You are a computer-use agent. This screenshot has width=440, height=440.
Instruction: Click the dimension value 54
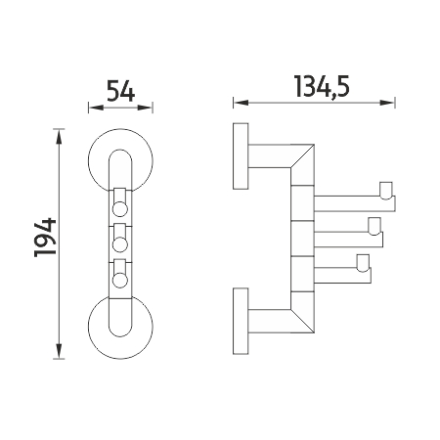tap(120, 91)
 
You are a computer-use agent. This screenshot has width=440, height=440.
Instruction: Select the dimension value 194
tap(45, 238)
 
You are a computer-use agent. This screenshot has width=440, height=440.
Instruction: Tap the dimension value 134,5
tap(322, 87)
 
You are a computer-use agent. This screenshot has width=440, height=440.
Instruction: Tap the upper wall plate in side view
tap(241, 156)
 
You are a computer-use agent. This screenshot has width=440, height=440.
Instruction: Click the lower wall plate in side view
tap(241, 321)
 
